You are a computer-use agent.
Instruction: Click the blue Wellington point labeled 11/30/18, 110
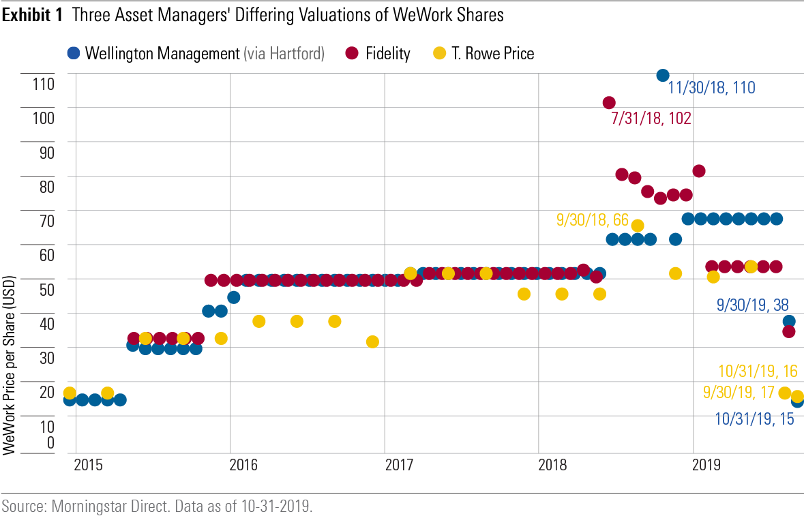point(662,75)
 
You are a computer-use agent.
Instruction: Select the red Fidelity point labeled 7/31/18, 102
point(609,103)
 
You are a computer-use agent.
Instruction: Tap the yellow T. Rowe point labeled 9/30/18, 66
point(638,226)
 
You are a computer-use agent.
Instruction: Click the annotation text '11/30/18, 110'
point(711,87)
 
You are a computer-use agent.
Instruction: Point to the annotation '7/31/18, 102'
point(651,119)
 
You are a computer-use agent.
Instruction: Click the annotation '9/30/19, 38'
point(753,305)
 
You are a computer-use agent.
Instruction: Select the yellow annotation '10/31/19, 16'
point(758,371)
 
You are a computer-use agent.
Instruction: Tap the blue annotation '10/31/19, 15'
point(754,419)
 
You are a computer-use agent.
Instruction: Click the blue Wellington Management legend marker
point(74,53)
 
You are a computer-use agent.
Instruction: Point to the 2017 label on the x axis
point(399,466)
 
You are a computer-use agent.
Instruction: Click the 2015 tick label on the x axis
point(89,466)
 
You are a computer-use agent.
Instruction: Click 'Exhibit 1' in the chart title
point(33,16)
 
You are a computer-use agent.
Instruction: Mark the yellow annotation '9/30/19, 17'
point(739,393)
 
